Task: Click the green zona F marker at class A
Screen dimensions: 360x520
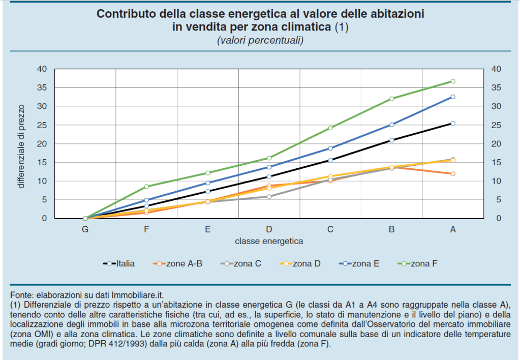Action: [x=453, y=81]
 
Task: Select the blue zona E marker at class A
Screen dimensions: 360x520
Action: [x=453, y=97]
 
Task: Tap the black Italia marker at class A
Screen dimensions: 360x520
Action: [x=453, y=123]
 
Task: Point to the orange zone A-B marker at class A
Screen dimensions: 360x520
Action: [x=453, y=174]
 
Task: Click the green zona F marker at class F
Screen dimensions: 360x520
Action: [x=146, y=187]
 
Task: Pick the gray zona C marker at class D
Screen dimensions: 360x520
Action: [x=269, y=196]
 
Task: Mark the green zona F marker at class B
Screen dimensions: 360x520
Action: [x=391, y=99]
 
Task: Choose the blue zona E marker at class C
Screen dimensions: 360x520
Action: [x=330, y=148]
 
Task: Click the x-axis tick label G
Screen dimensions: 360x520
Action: [x=85, y=229]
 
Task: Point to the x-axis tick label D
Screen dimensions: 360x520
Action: [x=269, y=229]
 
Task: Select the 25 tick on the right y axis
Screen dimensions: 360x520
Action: [x=496, y=125]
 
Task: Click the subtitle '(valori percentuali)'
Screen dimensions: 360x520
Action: [x=260, y=40]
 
